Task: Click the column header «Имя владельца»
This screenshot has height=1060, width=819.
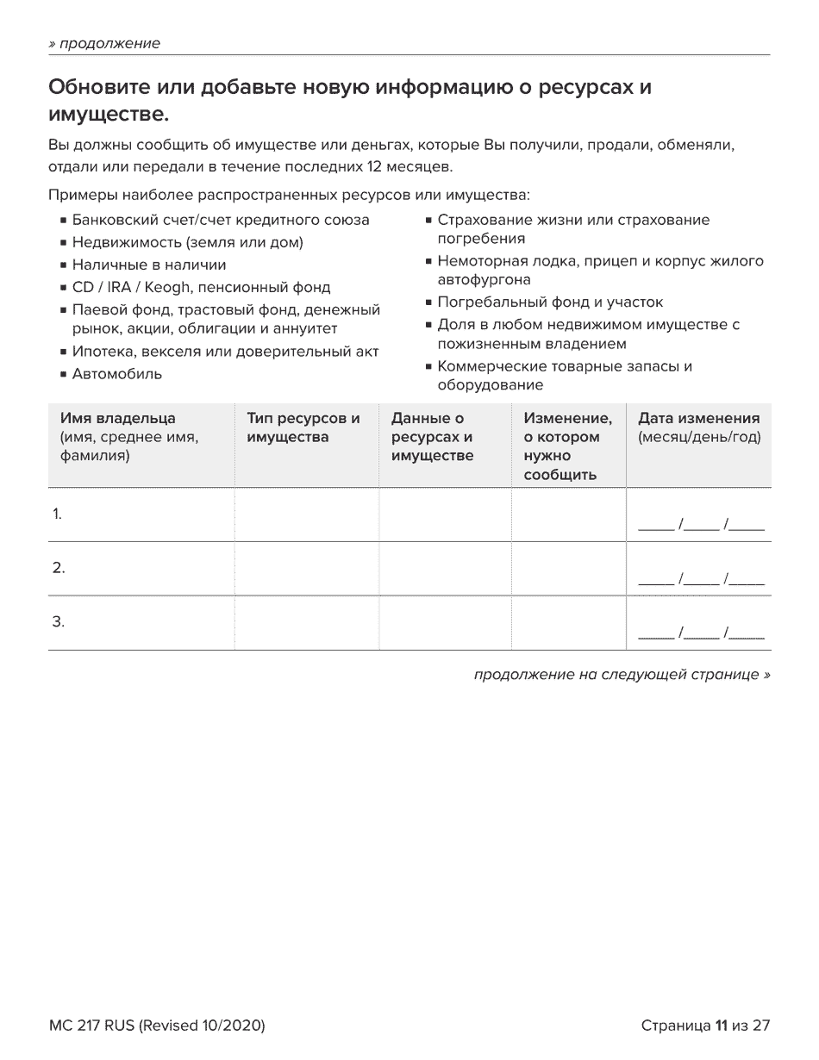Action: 117,419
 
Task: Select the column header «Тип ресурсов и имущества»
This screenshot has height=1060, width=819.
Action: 303,427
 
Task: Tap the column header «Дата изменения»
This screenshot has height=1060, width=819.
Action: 698,419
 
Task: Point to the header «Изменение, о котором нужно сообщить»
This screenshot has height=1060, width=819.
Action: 566,446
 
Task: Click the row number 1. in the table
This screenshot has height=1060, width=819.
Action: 57,514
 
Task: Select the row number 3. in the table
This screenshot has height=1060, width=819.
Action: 58,622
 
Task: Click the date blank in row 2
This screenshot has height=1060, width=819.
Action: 700,579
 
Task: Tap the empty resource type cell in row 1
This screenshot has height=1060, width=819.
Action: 306,514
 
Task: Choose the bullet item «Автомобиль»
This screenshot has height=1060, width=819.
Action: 116,374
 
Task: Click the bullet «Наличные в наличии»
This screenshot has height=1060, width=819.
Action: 148,265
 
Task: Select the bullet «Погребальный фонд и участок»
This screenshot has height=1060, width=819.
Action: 550,302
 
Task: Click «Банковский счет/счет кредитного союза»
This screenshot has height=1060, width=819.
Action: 221,220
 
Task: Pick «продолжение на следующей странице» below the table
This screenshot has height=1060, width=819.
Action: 622,675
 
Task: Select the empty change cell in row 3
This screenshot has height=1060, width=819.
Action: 568,622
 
